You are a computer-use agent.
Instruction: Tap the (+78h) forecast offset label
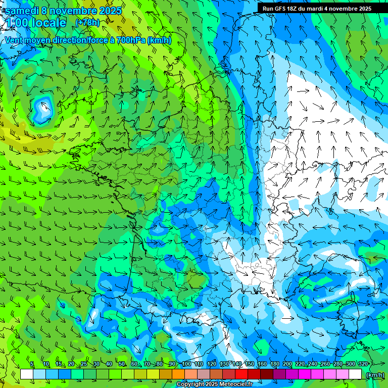pyautogui.click(x=87, y=22)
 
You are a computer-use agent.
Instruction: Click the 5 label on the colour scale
pyautogui.click(x=31, y=364)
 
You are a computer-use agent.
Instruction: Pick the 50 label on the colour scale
pyautogui.click(x=122, y=364)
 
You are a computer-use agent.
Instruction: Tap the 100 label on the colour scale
pyautogui.click(x=186, y=364)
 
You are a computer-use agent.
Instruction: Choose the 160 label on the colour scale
pyautogui.click(x=262, y=364)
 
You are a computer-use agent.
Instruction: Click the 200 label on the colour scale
pyautogui.click(x=287, y=364)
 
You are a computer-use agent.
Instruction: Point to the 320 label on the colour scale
pyautogui.click(x=363, y=364)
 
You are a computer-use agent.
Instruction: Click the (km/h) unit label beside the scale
pyautogui.click(x=374, y=375)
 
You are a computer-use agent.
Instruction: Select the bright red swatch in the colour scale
pyautogui.click(x=241, y=374)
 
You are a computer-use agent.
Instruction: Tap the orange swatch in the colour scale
pyautogui.click(x=178, y=374)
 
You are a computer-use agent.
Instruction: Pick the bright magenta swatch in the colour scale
pyautogui.click(x=305, y=374)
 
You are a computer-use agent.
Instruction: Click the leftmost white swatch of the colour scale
pyautogui.click(x=27, y=374)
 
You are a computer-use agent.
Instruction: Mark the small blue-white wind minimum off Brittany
pyautogui.click(x=42, y=108)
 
